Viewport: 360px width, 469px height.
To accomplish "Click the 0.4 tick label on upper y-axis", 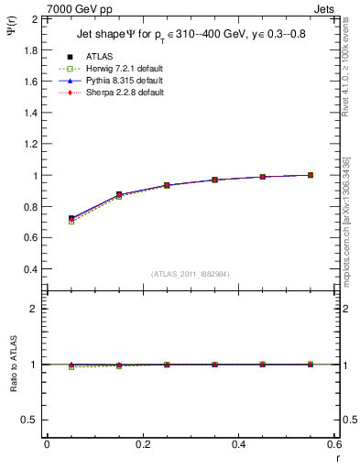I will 30,270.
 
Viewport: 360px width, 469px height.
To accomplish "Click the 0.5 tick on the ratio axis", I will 30,420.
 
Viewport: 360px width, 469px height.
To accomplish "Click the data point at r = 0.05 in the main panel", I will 71,219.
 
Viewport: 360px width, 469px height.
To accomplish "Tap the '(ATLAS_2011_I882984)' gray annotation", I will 190,273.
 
